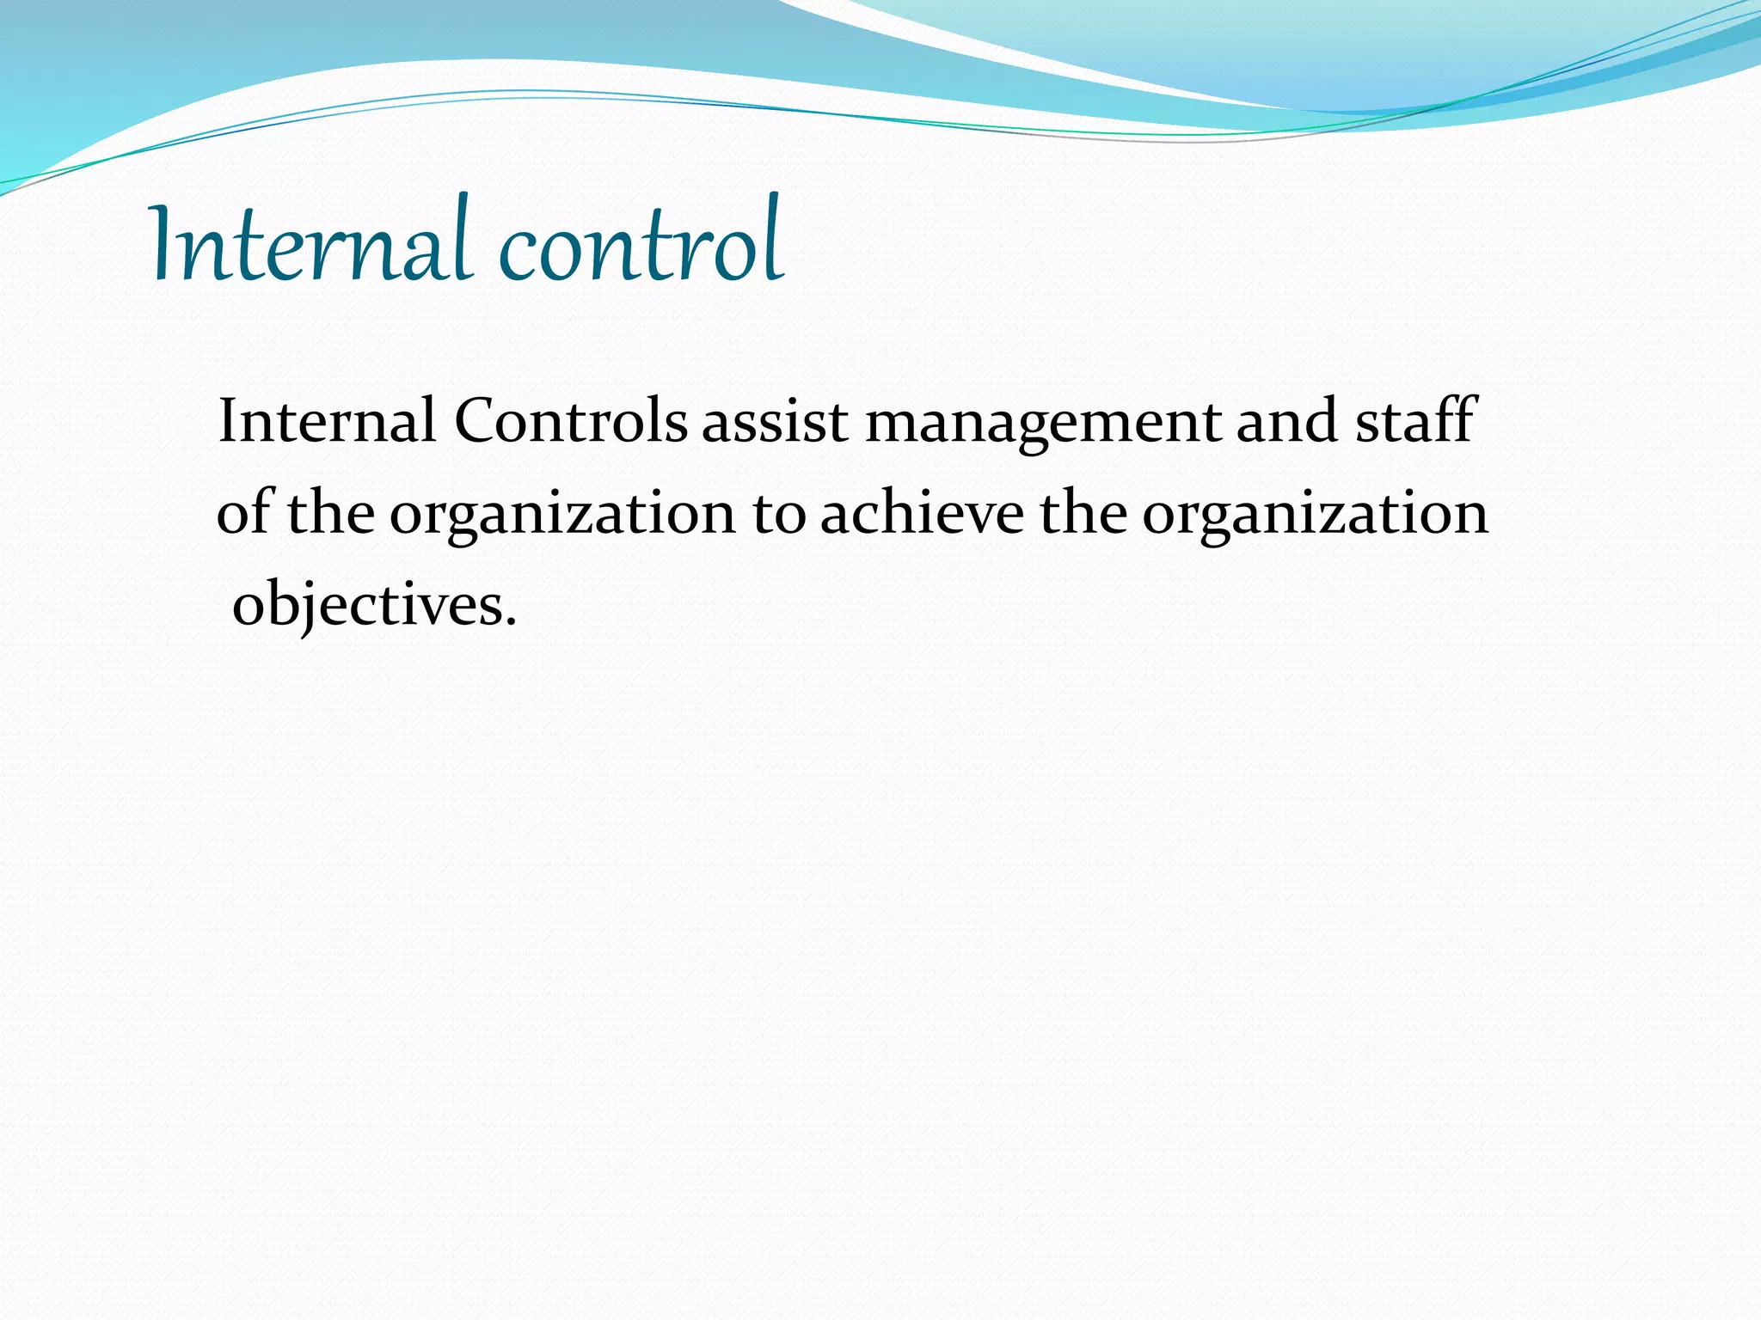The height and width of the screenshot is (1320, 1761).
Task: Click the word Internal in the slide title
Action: [x=310, y=242]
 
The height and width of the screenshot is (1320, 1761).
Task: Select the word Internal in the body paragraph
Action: [x=327, y=421]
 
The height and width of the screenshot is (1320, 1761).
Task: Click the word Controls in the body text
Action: [x=570, y=421]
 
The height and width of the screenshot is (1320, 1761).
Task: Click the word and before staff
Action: [x=1286, y=421]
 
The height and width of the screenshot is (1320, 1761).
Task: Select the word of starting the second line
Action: [x=246, y=512]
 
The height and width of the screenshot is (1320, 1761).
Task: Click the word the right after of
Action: [x=330, y=512]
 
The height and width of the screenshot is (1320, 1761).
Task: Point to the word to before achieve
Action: [x=779, y=514]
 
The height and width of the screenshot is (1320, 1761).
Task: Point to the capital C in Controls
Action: [x=478, y=421]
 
